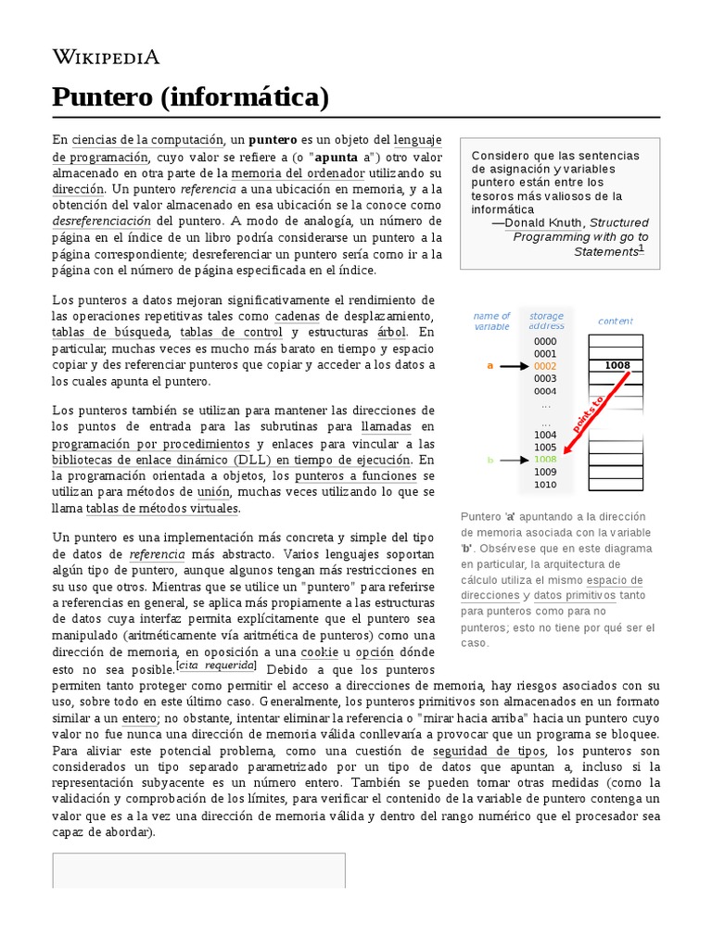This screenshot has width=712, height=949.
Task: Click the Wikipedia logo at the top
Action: (x=106, y=57)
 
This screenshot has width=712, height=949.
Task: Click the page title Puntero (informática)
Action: (x=190, y=96)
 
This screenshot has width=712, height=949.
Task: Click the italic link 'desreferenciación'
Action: (x=101, y=221)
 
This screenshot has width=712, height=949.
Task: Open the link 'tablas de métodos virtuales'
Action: (x=162, y=509)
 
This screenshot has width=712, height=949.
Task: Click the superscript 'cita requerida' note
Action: (x=217, y=667)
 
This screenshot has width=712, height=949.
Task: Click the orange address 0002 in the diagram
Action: (x=545, y=366)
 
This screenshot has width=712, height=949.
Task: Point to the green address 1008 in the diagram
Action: (x=545, y=460)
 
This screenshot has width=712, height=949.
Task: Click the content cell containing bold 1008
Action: (x=617, y=365)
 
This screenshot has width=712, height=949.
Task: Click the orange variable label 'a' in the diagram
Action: (x=490, y=366)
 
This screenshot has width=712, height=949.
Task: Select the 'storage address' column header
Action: (x=546, y=322)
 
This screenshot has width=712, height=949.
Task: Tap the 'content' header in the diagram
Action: (x=616, y=322)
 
